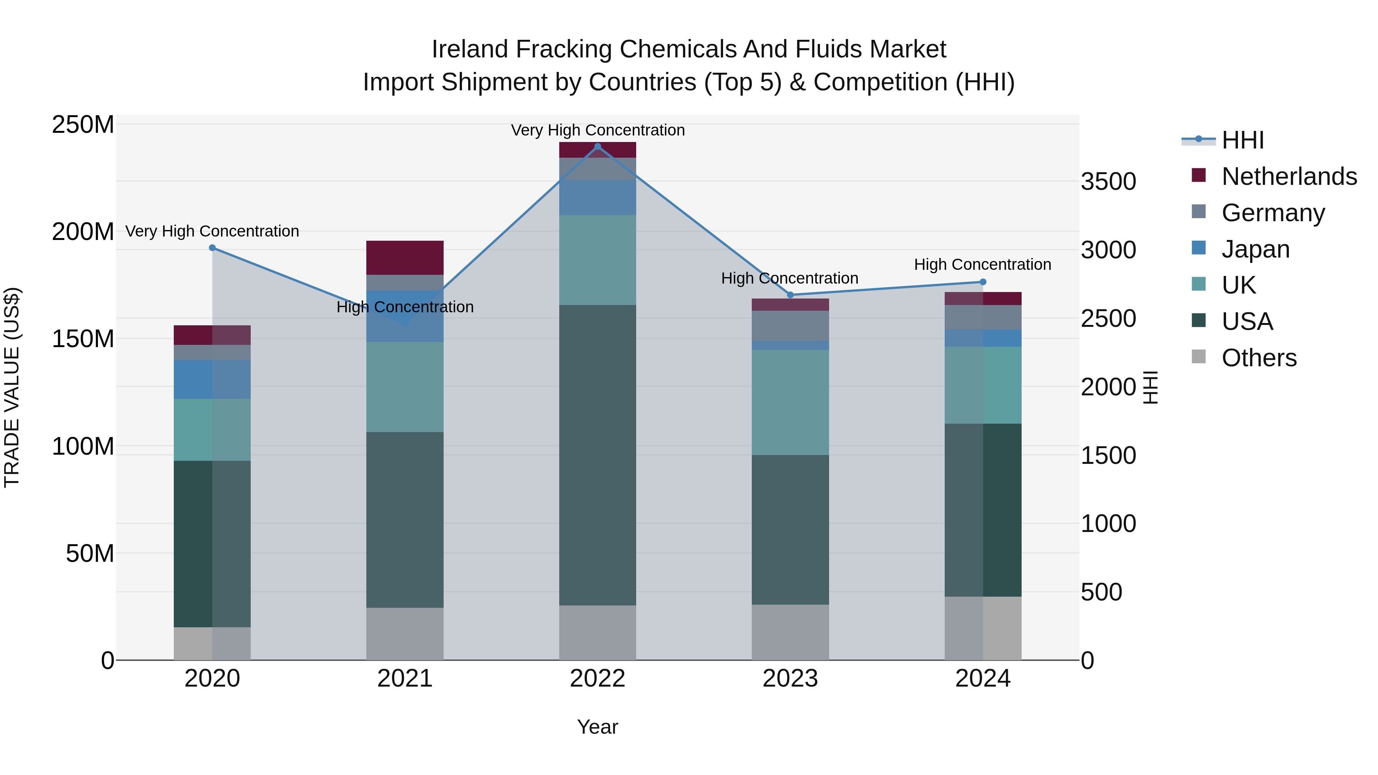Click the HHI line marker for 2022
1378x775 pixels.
click(x=598, y=147)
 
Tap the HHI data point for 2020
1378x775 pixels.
click(x=212, y=248)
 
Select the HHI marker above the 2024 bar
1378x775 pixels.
click(x=983, y=282)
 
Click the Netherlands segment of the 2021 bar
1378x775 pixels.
click(x=405, y=258)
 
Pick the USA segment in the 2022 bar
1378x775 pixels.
click(x=598, y=455)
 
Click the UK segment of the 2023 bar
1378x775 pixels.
click(x=790, y=402)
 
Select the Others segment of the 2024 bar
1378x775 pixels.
click(x=983, y=628)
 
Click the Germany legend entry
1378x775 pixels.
click(x=1273, y=213)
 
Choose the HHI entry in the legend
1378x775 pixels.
click(x=1242, y=140)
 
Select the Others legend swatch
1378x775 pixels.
click(x=1199, y=357)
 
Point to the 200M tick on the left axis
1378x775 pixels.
click(x=83, y=232)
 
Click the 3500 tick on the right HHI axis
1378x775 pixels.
click(x=1109, y=181)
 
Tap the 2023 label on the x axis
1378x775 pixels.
click(x=790, y=679)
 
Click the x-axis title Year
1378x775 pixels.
click(x=598, y=727)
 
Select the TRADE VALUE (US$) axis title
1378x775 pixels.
click(x=12, y=387)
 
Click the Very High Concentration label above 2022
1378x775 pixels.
click(x=598, y=130)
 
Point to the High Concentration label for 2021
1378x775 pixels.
click(x=405, y=307)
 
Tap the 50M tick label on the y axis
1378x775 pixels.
click(x=90, y=553)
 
